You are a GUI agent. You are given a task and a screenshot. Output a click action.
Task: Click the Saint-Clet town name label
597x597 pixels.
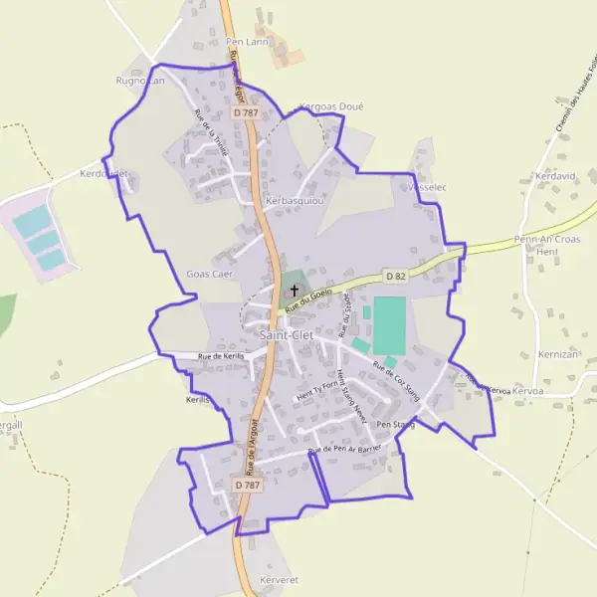pos(287,335)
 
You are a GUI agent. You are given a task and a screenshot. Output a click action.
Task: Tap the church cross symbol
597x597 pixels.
pos(295,292)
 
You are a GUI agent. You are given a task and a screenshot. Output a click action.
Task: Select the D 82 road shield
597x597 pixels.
pos(396,275)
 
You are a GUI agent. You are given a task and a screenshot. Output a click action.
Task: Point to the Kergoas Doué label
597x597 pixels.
pos(331,106)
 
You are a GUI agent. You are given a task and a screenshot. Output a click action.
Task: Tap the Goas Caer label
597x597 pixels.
pos(209,274)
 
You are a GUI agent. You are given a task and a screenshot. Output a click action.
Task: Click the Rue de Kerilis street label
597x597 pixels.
pos(221,356)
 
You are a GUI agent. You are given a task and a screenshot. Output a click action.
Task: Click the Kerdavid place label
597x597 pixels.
pos(556,176)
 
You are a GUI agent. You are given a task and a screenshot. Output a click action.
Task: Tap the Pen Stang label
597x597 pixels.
pos(395,425)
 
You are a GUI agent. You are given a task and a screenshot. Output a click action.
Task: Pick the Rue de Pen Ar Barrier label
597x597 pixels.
pos(344,450)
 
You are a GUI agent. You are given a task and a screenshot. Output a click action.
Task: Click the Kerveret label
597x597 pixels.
pos(279,578)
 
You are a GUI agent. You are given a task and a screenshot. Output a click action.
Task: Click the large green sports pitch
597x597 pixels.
pos(390,323)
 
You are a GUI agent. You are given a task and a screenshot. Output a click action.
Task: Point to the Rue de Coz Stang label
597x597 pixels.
pos(396,383)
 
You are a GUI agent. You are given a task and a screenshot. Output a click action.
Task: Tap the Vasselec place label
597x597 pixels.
pos(424,186)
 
